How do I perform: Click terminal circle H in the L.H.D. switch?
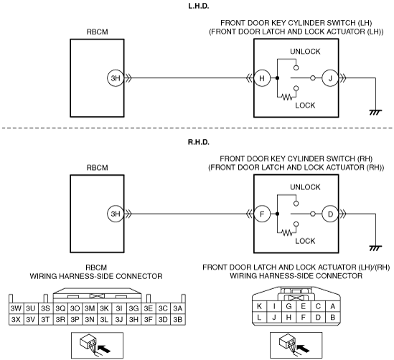point(262,78)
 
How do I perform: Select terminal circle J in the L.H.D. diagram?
point(330,78)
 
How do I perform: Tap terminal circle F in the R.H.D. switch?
point(262,214)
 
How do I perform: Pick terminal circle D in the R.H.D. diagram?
point(330,214)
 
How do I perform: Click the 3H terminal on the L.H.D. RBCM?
point(116,78)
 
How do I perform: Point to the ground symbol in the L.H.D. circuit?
point(375,112)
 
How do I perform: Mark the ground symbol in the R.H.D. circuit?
point(375,248)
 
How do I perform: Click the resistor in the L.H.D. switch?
point(288,97)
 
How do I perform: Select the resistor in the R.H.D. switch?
point(288,232)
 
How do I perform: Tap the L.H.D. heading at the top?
point(199,6)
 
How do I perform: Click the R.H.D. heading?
point(199,142)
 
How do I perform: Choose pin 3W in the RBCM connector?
point(16,308)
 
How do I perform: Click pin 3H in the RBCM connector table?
point(133,319)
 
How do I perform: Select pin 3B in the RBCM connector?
point(178,319)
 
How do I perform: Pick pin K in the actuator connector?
point(259,306)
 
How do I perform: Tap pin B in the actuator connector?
point(333,317)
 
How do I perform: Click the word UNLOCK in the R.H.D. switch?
point(305,187)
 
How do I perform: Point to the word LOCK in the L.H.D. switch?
point(305,105)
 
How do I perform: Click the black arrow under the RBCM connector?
point(104,349)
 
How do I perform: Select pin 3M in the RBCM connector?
point(90,308)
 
